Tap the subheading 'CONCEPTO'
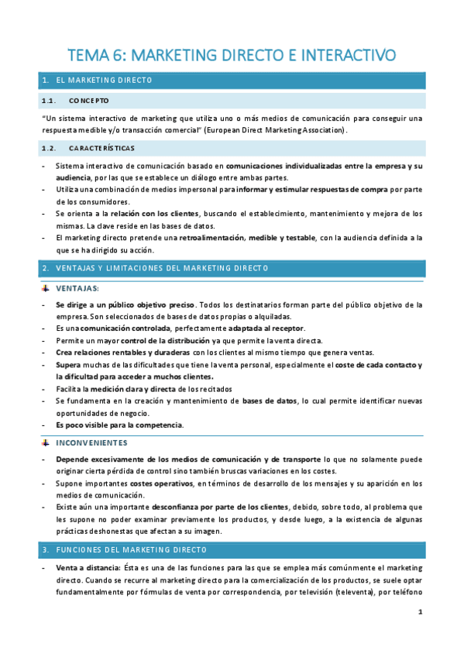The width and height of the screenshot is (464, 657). [88, 101]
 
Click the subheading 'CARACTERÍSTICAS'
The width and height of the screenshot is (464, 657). [101, 147]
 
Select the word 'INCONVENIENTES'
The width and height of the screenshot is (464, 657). [91, 442]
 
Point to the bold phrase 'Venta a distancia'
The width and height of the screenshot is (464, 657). [83, 569]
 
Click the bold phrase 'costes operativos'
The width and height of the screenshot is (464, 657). [160, 483]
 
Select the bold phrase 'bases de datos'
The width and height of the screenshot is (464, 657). [269, 400]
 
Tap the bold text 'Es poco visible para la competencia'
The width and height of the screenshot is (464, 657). [119, 425]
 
